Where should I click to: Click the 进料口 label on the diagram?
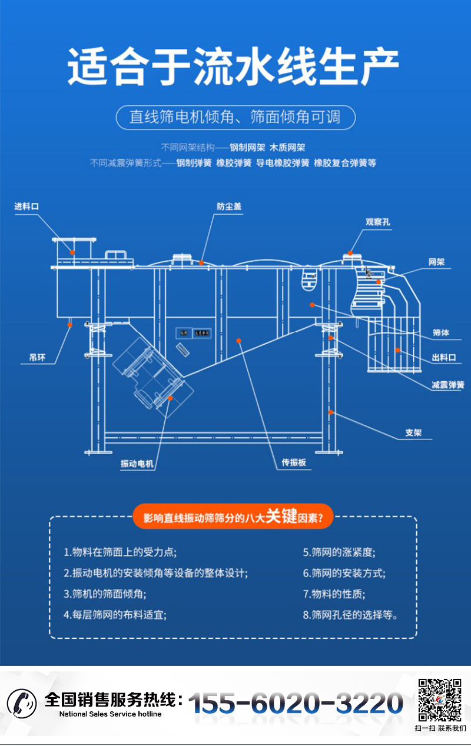click(x=26, y=207)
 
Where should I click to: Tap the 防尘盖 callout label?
click(x=229, y=207)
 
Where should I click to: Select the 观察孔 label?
click(x=378, y=222)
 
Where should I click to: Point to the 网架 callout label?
click(x=436, y=262)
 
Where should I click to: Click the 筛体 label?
click(x=441, y=333)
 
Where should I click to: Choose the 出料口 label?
click(x=443, y=357)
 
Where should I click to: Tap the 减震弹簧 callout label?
click(x=447, y=385)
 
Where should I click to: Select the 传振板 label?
click(x=294, y=462)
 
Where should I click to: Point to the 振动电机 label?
click(x=137, y=464)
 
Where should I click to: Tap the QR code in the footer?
click(x=439, y=700)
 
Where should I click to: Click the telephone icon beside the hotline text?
click(x=22, y=702)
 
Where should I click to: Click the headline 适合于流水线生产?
click(x=234, y=68)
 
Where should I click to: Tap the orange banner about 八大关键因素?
click(x=233, y=517)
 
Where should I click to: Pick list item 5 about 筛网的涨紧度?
click(x=339, y=552)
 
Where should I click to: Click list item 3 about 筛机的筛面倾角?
click(x=105, y=594)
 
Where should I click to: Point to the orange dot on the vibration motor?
click(x=170, y=398)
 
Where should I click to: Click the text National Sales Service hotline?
click(x=110, y=714)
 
